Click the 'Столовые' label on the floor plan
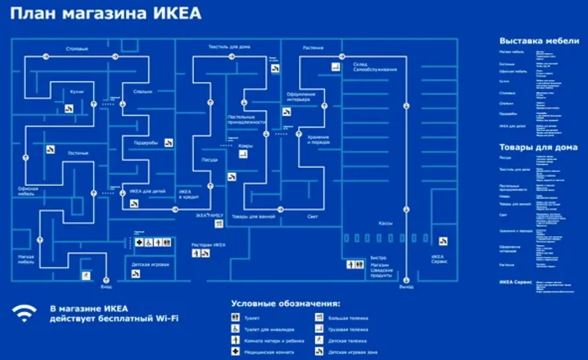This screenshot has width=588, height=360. click(77, 48)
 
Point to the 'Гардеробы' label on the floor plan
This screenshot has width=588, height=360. click(145, 143)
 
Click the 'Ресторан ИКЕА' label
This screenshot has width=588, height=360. click(209, 245)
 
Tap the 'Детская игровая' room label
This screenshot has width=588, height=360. click(151, 264)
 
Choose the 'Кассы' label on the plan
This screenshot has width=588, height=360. click(386, 224)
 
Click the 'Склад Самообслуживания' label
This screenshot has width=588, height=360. click(374, 67)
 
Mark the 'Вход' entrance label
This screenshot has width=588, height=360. click(106, 285)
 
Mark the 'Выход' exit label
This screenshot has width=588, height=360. click(406, 285)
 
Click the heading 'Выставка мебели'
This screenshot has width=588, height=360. click(539, 41)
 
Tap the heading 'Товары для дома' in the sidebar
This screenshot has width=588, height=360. click(538, 147)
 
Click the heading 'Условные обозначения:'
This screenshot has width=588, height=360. click(286, 303)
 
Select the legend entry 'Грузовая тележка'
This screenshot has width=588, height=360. click(347, 329)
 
